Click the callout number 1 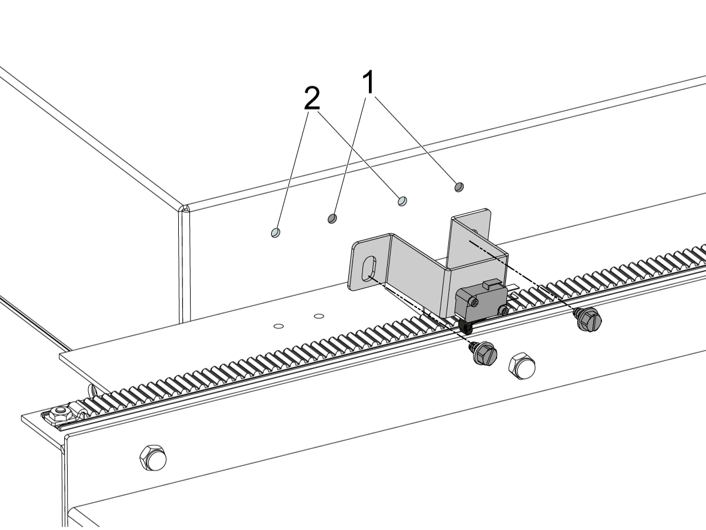368,82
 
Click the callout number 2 312,98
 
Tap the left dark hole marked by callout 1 332,218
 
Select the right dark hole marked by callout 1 459,187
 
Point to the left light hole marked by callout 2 276,233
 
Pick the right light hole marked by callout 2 402,201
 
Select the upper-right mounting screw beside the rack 588,319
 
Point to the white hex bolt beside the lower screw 522,366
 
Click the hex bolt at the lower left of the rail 153,458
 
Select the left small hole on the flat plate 278,326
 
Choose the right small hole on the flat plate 318,316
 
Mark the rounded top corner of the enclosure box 185,208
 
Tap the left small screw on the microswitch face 474,302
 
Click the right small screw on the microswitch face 505,311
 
